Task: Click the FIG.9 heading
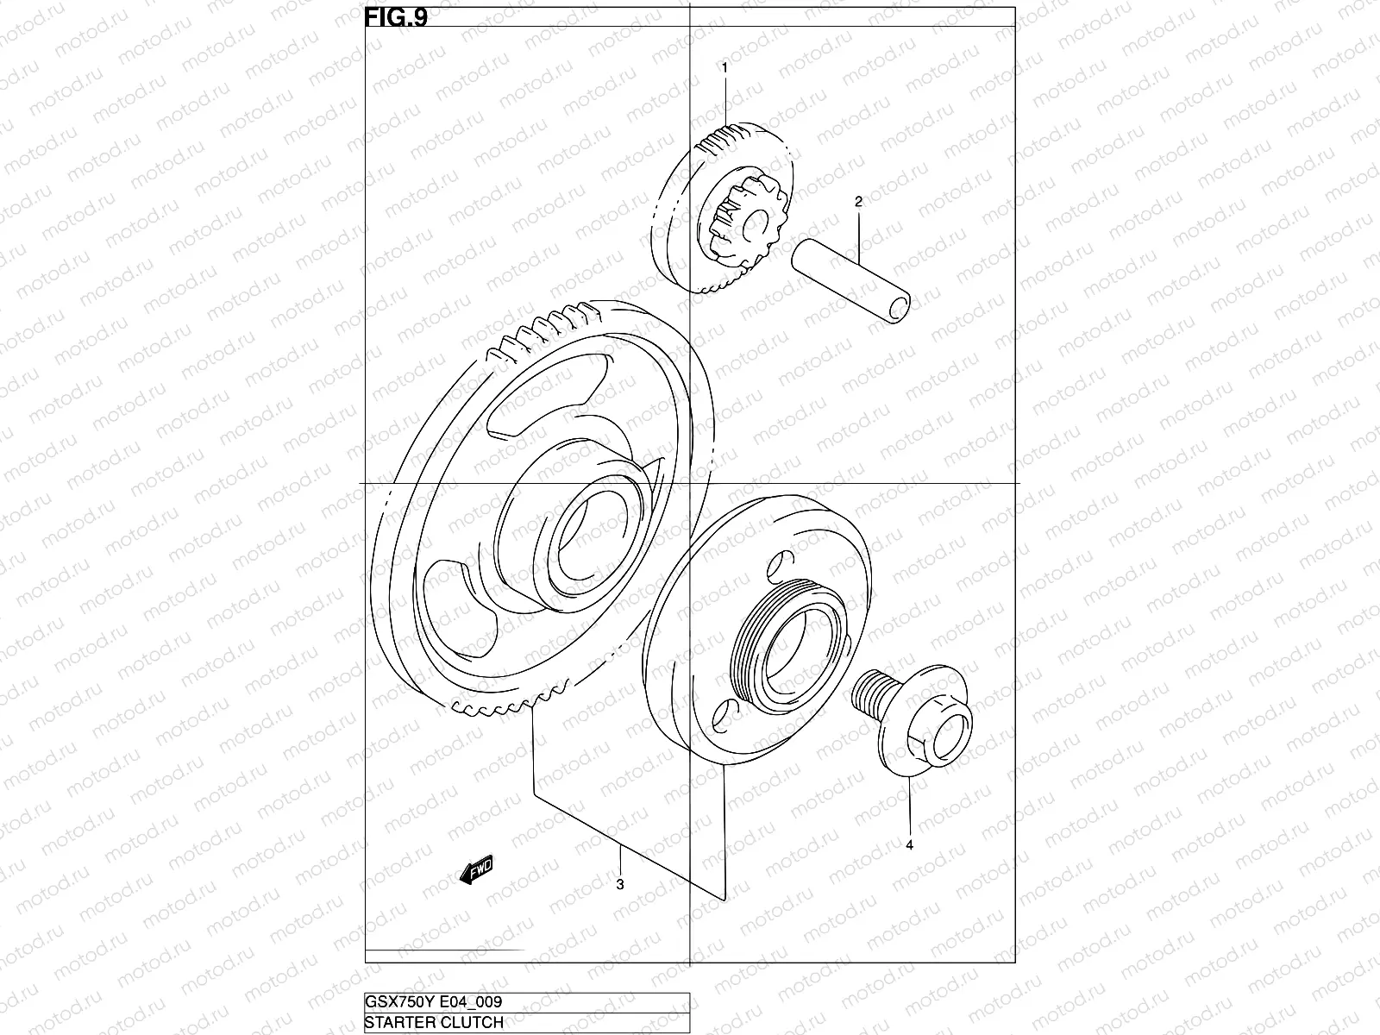tap(396, 17)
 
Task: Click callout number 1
tap(724, 66)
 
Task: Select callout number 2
tap(858, 202)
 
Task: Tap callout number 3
tap(620, 884)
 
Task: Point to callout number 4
tap(909, 845)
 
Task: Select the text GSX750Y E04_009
tap(434, 1001)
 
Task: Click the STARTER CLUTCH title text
tap(434, 1023)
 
